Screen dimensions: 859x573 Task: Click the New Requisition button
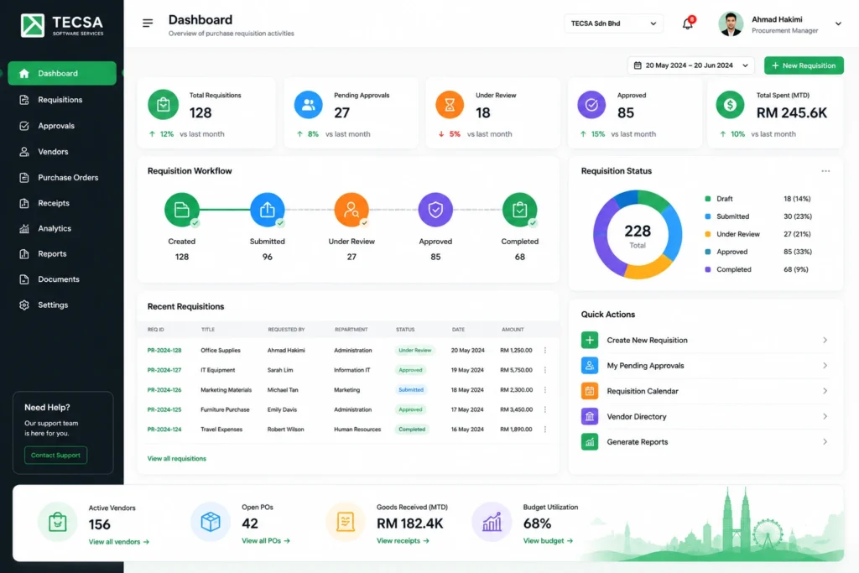point(804,65)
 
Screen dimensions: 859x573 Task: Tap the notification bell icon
point(688,23)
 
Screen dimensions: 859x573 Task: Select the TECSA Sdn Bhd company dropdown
point(613,23)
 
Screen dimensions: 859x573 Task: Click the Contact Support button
point(55,456)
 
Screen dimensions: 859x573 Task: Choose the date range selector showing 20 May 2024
point(691,65)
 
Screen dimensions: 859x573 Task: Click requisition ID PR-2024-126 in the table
point(164,390)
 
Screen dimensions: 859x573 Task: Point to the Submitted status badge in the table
point(411,390)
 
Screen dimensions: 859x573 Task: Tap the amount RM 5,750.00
point(516,370)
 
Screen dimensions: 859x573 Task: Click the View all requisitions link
point(176,459)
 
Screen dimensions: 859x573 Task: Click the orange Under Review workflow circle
point(351,210)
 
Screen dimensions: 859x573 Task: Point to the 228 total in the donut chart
point(638,232)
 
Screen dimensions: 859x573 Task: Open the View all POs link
point(266,541)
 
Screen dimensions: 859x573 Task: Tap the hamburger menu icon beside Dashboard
point(148,23)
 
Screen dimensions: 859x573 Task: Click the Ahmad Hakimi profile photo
point(731,23)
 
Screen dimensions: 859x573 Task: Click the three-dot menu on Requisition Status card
point(825,171)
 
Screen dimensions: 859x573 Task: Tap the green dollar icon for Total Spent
point(730,105)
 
